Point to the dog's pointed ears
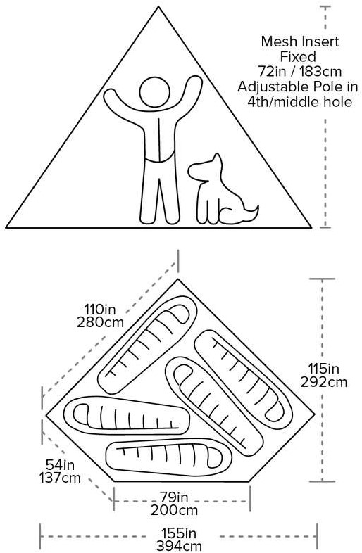[216, 160]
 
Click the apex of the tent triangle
[158, 7]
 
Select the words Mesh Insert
[300, 42]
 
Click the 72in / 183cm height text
[300, 72]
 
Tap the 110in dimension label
[100, 310]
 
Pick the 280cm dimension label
[100, 322]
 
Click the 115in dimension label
[323, 369]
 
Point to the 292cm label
[323, 382]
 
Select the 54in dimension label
[60, 465]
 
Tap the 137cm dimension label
[60, 478]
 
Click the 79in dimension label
[174, 497]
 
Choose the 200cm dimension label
[174, 510]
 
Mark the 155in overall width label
[179, 533]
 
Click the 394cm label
[179, 546]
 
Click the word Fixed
[298, 56]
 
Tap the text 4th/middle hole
[299, 102]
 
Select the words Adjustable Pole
[287, 87]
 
